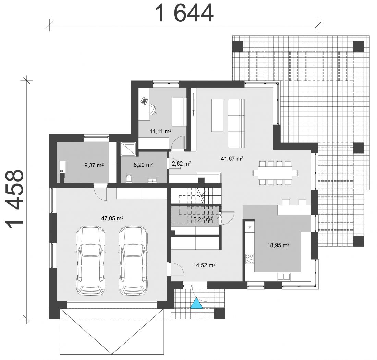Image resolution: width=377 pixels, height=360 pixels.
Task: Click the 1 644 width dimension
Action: (x=184, y=13)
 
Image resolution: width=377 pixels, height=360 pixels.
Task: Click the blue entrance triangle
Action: (x=196, y=303)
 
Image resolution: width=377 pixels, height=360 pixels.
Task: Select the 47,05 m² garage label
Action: (x=112, y=218)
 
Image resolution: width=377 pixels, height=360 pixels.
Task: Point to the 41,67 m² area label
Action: (x=232, y=158)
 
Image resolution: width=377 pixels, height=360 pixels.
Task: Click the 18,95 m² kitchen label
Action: (x=278, y=245)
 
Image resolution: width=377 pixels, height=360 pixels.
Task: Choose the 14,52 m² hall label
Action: (x=204, y=265)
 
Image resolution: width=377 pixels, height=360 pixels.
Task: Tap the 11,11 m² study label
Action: (x=161, y=131)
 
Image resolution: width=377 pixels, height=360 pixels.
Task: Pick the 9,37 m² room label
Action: (x=94, y=165)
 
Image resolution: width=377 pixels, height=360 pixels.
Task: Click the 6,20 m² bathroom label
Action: (x=143, y=165)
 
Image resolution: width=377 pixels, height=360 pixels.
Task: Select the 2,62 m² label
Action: (x=181, y=164)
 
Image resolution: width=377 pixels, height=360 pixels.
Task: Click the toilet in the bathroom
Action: (x=129, y=179)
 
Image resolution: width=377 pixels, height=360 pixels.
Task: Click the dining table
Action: (x=275, y=173)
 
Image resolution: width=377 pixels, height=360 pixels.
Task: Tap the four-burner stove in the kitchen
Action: (x=249, y=259)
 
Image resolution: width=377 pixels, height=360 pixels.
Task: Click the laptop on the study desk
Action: (x=144, y=100)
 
